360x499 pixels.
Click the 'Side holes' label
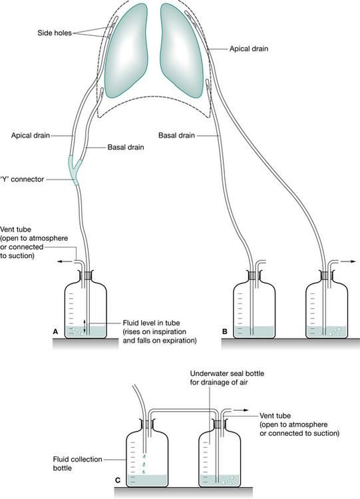(55, 33)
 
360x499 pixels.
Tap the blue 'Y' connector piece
(74, 169)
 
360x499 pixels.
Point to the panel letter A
(55, 331)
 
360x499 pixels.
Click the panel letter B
(225, 331)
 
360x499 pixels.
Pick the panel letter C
(118, 480)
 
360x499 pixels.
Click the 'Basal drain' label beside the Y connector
(125, 147)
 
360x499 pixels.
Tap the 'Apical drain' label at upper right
(249, 49)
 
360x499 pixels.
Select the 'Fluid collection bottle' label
(78, 464)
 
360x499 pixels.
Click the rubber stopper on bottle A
(85, 275)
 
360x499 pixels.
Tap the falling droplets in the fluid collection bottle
(144, 464)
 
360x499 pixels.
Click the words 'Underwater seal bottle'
(227, 373)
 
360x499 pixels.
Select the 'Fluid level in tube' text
(151, 323)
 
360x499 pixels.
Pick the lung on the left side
(126, 51)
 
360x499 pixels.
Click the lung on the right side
(182, 51)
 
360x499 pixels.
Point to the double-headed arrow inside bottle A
(85, 325)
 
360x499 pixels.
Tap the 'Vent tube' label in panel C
(275, 416)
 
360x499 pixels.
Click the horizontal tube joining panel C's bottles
(184, 410)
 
